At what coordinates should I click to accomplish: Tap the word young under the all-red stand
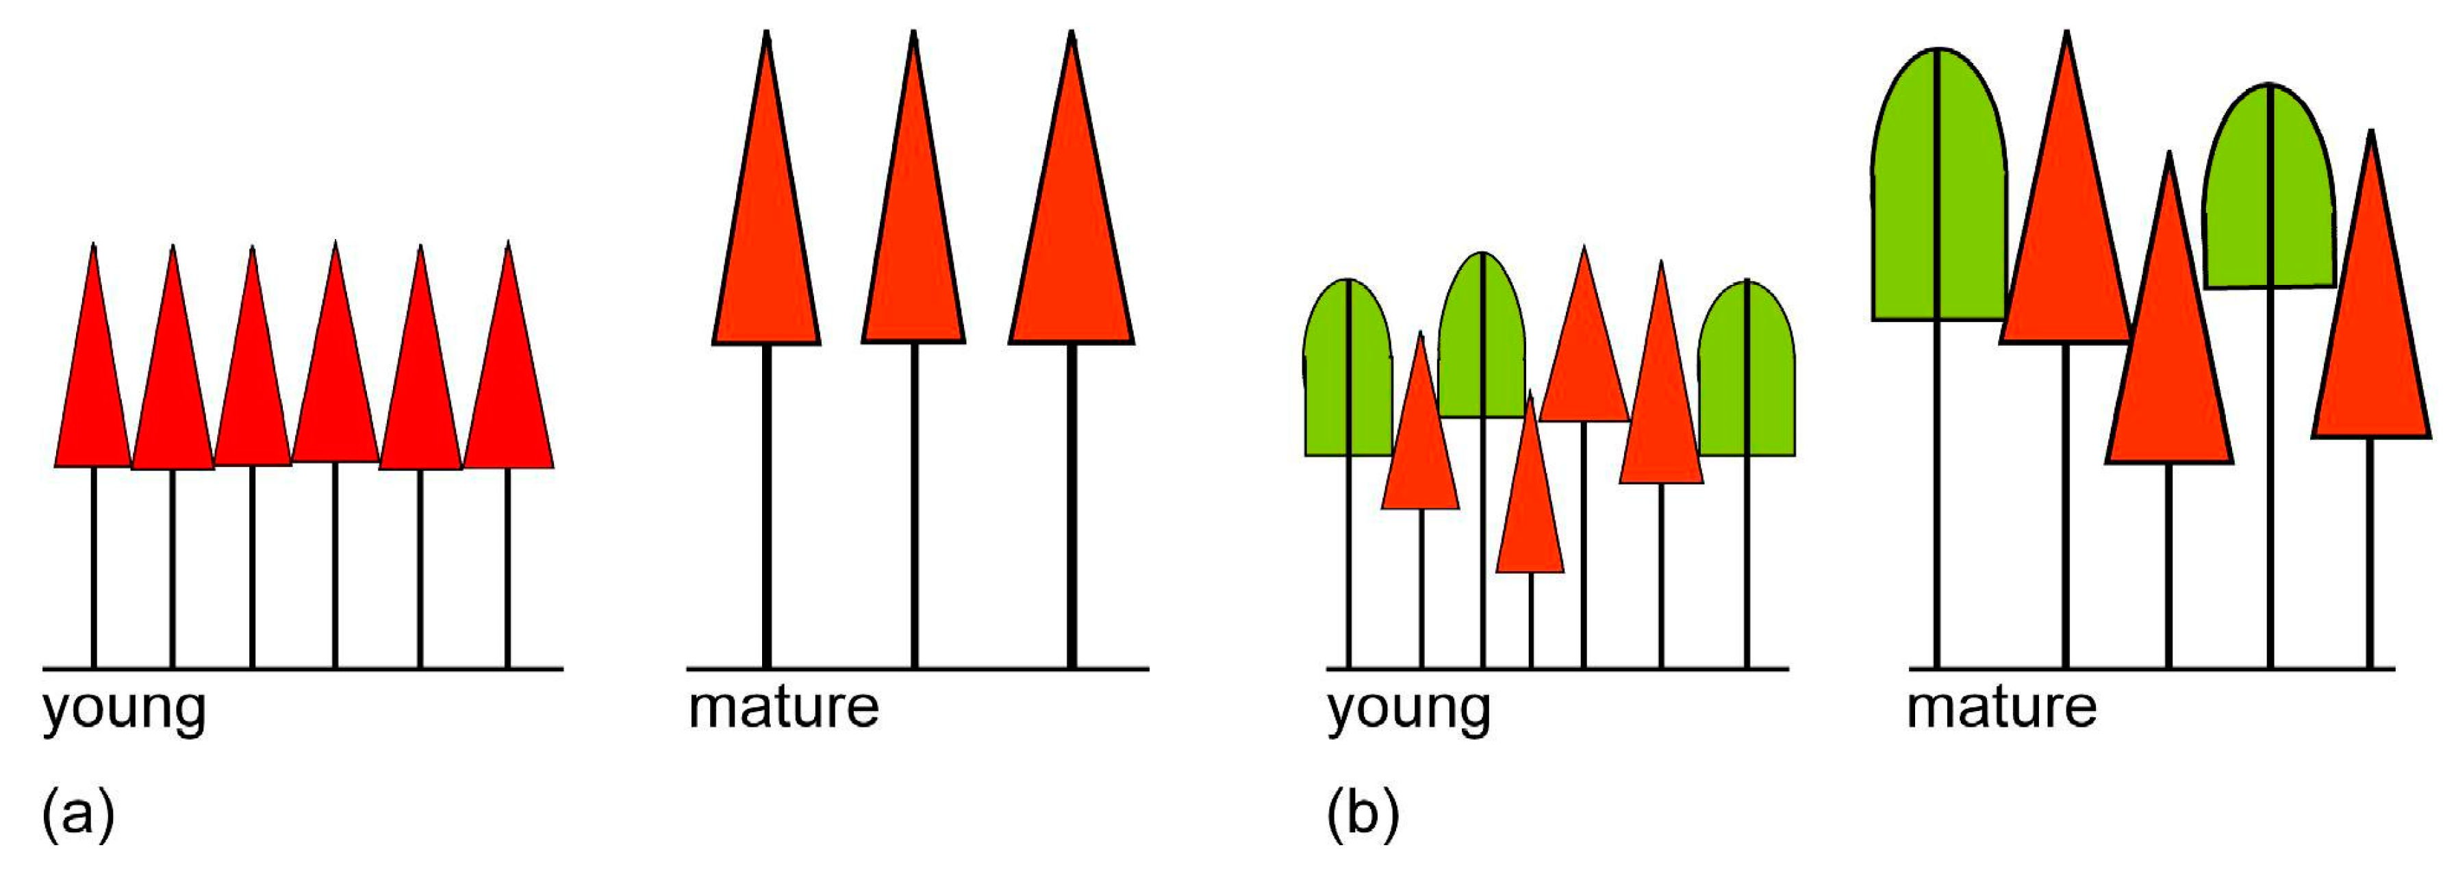click(124, 710)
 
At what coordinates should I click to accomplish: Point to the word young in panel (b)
click(1408, 710)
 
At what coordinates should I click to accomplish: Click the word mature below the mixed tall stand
click(2001, 708)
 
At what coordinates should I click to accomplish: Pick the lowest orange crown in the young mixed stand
click(1530, 515)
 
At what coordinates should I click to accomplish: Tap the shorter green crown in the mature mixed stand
click(2269, 190)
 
